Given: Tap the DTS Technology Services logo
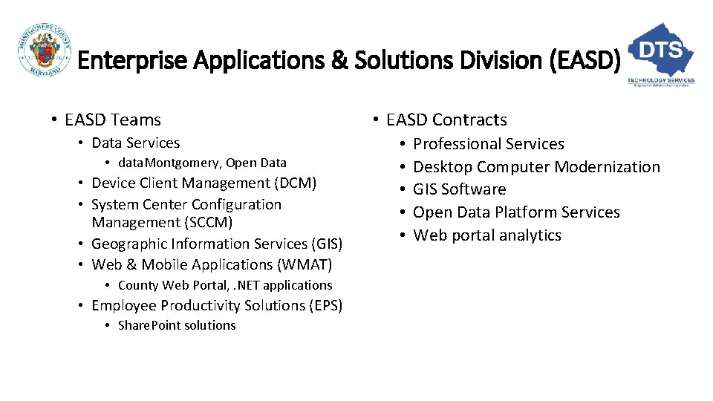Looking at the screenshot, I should tap(661, 53).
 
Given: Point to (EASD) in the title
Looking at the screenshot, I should tap(583, 59).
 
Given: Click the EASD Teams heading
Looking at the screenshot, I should tap(113, 120).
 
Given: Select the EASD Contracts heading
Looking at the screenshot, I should tap(446, 120).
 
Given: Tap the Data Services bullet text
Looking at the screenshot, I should tap(135, 143).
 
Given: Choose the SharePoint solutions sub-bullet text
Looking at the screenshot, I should tap(177, 325).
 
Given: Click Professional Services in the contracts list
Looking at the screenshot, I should tap(488, 144).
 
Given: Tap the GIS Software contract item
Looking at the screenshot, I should tap(459, 189).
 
